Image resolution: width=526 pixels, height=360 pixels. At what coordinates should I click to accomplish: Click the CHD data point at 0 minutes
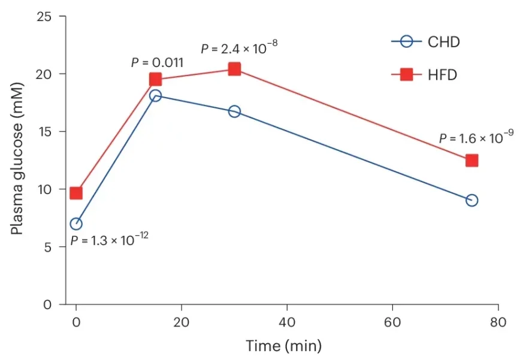pyautogui.click(x=76, y=224)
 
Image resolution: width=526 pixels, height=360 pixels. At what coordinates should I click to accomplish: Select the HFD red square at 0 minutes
pyautogui.click(x=76, y=193)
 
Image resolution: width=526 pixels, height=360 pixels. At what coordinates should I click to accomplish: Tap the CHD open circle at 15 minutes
pyautogui.click(x=155, y=96)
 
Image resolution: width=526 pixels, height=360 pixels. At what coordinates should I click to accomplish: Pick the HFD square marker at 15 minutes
pyautogui.click(x=155, y=79)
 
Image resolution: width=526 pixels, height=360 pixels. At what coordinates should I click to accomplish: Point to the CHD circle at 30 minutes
pyautogui.click(x=234, y=111)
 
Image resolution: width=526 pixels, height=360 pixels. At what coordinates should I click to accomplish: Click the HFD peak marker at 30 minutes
pyautogui.click(x=234, y=69)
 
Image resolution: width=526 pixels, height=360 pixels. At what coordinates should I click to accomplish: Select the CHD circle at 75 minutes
pyautogui.click(x=471, y=200)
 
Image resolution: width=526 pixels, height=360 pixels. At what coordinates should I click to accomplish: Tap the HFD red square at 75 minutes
pyautogui.click(x=471, y=161)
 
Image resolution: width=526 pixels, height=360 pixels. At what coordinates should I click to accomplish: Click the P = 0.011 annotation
pyautogui.click(x=157, y=62)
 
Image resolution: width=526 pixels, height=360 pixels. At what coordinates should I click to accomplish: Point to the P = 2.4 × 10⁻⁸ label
pyautogui.click(x=239, y=47)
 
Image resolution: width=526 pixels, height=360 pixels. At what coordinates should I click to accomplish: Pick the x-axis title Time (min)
pyautogui.click(x=283, y=346)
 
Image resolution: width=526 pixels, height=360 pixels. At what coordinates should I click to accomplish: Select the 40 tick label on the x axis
pyautogui.click(x=287, y=322)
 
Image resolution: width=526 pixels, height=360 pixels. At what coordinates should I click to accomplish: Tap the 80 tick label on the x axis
pyautogui.click(x=498, y=322)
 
